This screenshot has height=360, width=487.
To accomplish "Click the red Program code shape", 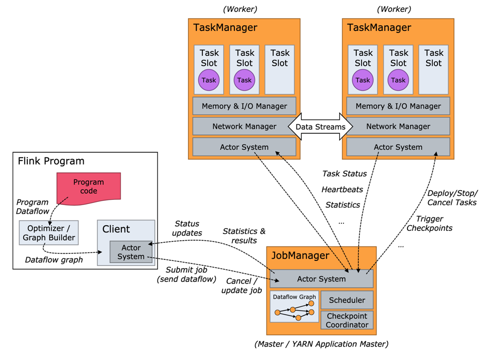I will (88, 187).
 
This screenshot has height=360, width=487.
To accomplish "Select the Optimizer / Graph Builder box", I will (49, 233).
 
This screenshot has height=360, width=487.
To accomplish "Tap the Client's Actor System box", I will (131, 252).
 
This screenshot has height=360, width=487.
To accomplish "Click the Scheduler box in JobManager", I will (347, 300).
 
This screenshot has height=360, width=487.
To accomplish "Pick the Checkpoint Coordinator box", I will (347, 320).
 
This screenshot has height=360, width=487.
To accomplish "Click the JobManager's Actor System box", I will (321, 279).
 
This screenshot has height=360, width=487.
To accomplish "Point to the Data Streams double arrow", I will (320, 127).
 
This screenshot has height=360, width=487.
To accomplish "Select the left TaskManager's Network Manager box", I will (244, 127).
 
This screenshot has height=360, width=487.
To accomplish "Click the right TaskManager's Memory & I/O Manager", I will (398, 106).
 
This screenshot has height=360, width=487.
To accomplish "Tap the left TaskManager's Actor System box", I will (244, 147).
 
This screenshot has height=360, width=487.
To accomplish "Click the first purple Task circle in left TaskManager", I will (209, 80).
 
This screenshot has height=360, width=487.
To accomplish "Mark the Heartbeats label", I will (342, 190).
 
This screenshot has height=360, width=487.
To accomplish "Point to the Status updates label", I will (187, 228).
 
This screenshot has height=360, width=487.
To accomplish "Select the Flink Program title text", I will (51, 161).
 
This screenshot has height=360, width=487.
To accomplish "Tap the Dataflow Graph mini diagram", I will (294, 307).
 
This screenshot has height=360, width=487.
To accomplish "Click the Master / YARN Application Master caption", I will (321, 344).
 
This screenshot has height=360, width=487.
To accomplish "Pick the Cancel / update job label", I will (241, 286).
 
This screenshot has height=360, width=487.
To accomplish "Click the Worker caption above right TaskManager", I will (394, 9).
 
